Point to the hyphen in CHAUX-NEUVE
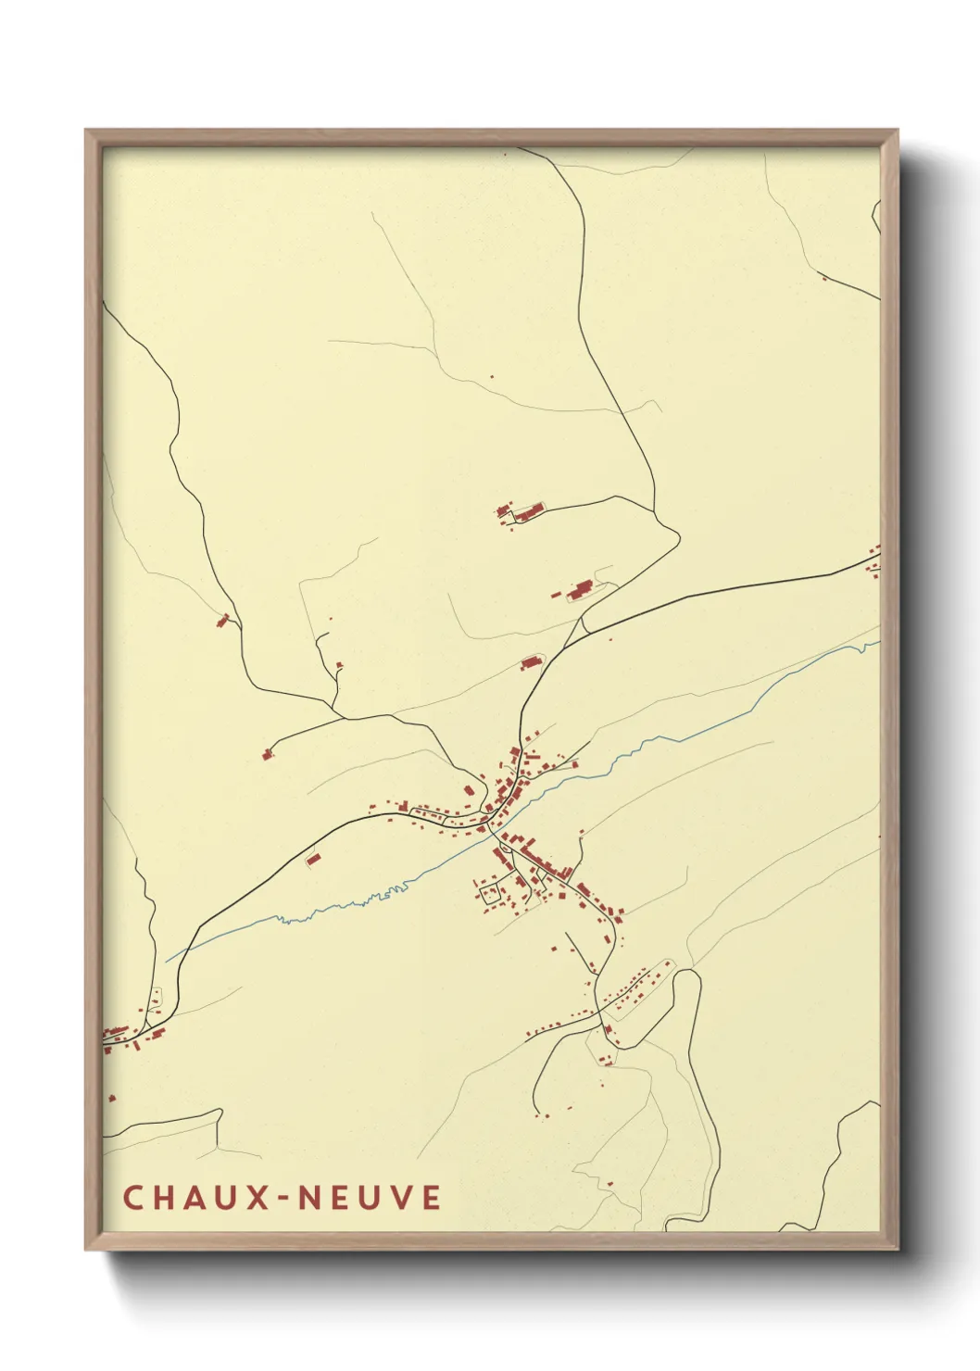[285, 1198]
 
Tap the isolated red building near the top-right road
[823, 276]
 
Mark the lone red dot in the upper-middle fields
[492, 377]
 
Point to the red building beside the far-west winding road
[222, 620]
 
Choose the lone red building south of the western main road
[313, 861]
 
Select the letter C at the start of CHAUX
[132, 1197]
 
